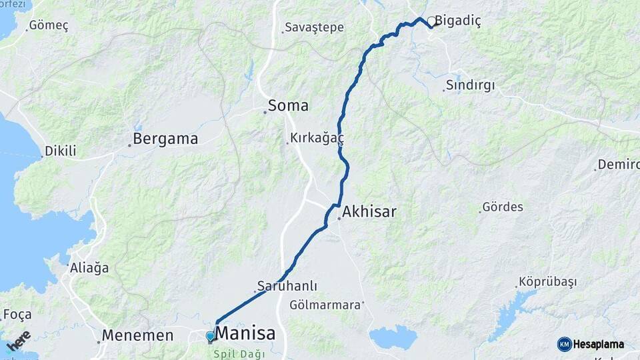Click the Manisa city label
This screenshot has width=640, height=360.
[246, 333]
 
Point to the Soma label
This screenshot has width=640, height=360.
[288, 105]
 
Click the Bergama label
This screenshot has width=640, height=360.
[165, 139]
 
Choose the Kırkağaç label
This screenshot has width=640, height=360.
[317, 139]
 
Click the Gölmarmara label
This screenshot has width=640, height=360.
[326, 305]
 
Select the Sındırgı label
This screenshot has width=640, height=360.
[471, 85]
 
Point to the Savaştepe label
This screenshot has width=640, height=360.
[314, 27]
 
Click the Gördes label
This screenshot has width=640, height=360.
[503, 207]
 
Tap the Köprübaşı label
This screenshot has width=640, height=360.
[547, 282]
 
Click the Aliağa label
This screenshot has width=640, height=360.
[89, 268]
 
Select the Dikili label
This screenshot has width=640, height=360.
[61, 151]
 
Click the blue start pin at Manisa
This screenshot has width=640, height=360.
[211, 337]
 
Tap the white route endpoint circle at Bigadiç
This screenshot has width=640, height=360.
[432, 21]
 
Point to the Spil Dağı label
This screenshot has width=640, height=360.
[244, 353]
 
